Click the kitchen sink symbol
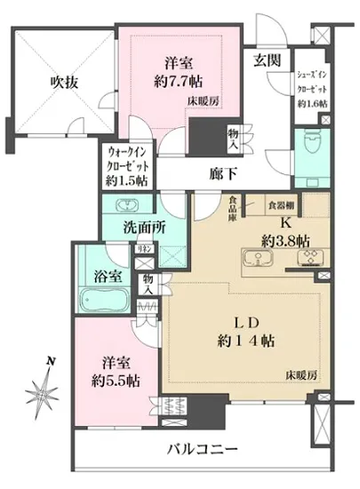coord(255,258)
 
